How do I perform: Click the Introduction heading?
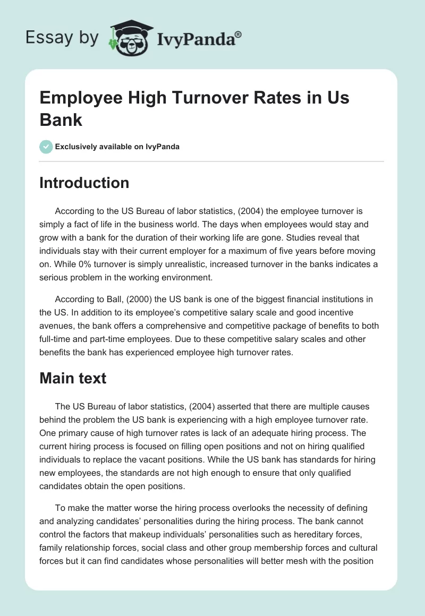[x=84, y=183]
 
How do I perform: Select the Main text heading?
[x=73, y=378]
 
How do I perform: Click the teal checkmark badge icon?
[x=46, y=147]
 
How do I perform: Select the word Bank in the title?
[x=61, y=119]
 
